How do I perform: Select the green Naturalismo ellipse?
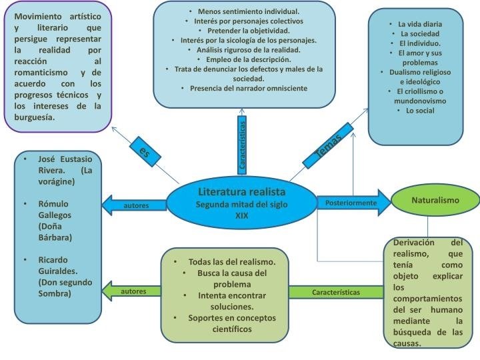tap(435, 200)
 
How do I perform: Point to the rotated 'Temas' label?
tap(331, 150)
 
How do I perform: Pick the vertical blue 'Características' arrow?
tap(242, 144)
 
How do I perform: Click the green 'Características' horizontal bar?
tap(336, 292)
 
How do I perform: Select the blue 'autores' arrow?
tap(133, 205)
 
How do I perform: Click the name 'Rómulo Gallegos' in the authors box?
tap(55, 209)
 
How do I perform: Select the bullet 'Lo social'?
tap(420, 111)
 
